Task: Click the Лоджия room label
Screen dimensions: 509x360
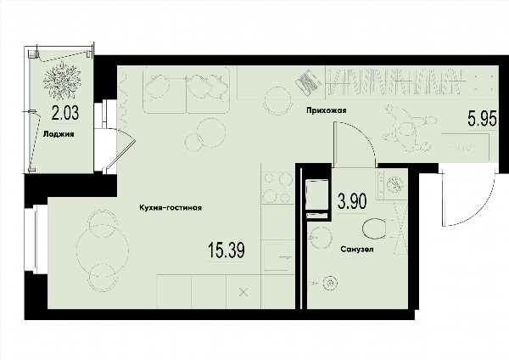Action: click(59, 134)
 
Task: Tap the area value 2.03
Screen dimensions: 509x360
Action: click(65, 114)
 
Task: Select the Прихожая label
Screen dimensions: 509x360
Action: click(327, 110)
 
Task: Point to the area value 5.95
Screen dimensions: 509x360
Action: click(482, 119)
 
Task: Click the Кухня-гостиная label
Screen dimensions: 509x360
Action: click(171, 208)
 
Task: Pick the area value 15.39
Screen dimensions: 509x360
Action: click(227, 250)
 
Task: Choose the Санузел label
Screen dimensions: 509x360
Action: click(357, 250)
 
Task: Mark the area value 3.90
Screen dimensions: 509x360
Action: click(352, 201)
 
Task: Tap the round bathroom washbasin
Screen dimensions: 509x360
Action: click(320, 238)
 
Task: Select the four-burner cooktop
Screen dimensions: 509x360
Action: click(278, 188)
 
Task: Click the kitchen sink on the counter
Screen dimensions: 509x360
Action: click(277, 257)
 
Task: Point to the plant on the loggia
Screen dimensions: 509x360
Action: click(62, 81)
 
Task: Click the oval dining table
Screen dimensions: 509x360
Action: click(103, 250)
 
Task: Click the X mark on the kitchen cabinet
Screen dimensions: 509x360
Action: click(243, 292)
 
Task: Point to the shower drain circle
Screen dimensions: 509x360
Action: click(330, 284)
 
